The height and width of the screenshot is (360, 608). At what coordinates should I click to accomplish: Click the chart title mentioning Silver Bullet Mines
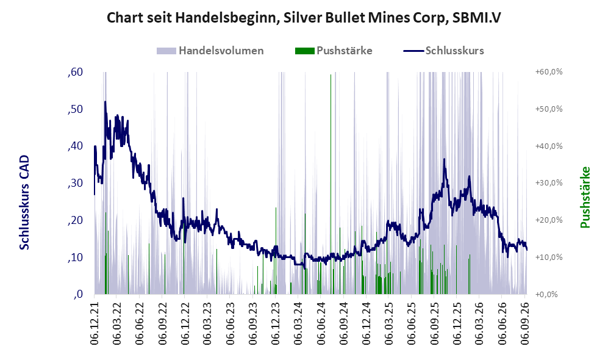tap(304, 18)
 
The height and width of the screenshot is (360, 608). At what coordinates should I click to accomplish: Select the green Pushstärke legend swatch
tap(304, 51)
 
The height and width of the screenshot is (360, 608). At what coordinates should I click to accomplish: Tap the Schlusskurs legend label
tap(454, 51)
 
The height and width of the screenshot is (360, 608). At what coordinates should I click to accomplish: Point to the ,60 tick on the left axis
tap(75, 72)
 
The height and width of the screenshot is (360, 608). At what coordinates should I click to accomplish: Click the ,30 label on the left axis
tap(75, 183)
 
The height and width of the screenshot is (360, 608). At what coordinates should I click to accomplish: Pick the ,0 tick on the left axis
tap(78, 294)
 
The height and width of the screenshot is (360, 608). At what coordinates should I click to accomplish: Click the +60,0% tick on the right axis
tap(549, 72)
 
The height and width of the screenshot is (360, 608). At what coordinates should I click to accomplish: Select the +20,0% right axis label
tap(549, 220)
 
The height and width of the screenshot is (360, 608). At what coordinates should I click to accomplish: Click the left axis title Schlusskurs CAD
tap(24, 202)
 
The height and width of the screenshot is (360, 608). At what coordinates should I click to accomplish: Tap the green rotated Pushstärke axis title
tap(585, 197)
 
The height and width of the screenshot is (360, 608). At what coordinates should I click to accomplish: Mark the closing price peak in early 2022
tap(105, 102)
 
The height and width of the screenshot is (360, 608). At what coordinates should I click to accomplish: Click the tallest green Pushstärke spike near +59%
tap(331, 184)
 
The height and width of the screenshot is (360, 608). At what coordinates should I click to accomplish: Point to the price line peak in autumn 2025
tap(445, 159)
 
